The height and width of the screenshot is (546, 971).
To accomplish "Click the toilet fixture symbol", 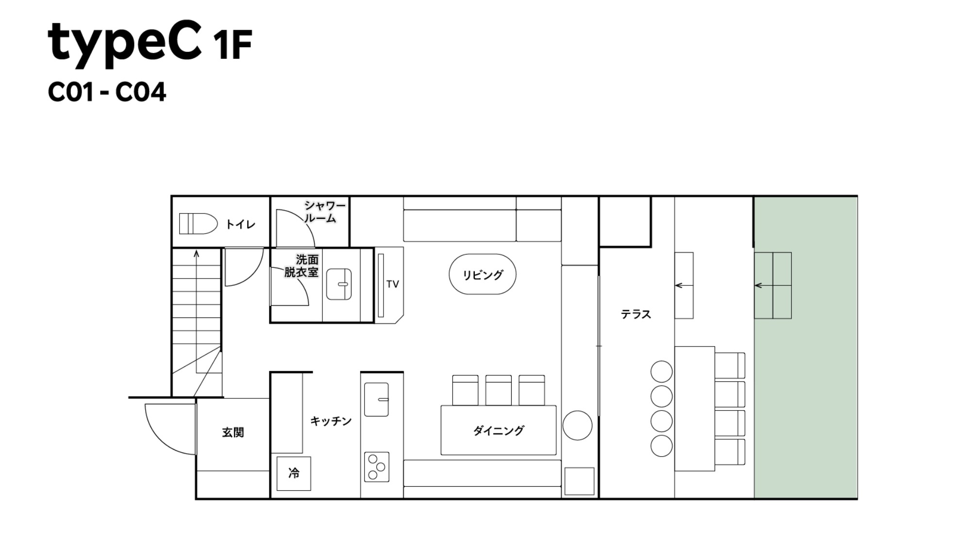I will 198,224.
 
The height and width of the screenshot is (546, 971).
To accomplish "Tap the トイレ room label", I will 240,224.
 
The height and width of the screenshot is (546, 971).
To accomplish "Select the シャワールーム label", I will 324,212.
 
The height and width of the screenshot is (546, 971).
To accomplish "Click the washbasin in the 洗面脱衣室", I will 339,284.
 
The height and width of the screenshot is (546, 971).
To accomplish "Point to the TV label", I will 392,284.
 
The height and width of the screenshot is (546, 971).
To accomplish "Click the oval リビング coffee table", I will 482,274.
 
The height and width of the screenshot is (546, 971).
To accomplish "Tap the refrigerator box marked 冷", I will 294,473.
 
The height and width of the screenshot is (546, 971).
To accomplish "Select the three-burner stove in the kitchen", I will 377,467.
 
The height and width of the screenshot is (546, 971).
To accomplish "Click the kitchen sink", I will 376,399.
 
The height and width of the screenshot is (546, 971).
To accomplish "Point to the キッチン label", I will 331,421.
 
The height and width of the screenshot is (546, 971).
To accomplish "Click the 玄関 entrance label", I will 233,432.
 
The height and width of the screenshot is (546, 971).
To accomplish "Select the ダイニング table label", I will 499,430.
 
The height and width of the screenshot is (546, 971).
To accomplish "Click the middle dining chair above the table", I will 498,390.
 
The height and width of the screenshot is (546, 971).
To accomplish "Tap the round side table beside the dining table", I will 577,425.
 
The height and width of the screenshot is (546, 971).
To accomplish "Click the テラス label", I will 636,314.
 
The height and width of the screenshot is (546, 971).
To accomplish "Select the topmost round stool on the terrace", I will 661,372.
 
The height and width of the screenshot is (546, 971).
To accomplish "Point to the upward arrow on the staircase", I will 196,253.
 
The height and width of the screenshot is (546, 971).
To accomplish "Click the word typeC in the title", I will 124,43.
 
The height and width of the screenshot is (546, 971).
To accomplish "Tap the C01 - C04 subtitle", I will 107,92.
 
